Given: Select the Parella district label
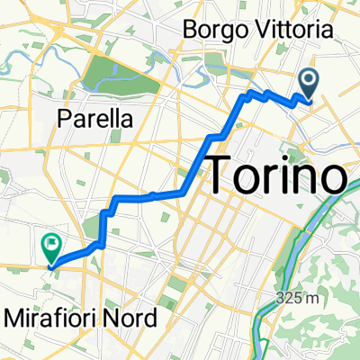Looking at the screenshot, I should pos(94,118).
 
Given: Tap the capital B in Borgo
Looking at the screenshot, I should pos(190,29).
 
